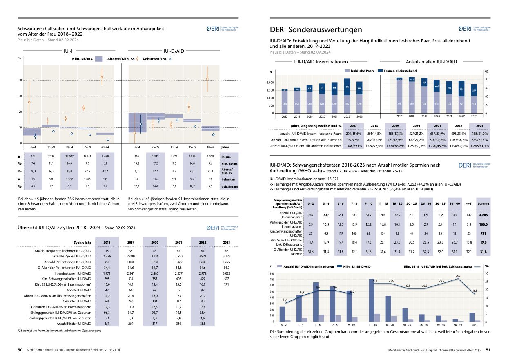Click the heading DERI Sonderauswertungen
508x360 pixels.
(x=316, y=30)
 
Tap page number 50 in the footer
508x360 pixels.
(x=20, y=350)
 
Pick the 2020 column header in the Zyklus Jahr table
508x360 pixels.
(x=155, y=242)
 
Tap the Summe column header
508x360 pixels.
(x=483, y=203)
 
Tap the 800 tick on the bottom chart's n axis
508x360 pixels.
(x=272, y=273)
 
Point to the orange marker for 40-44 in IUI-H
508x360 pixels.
(x=102, y=77)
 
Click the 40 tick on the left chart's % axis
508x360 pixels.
(x=20, y=80)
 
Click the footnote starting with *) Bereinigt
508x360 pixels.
(x=60, y=330)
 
